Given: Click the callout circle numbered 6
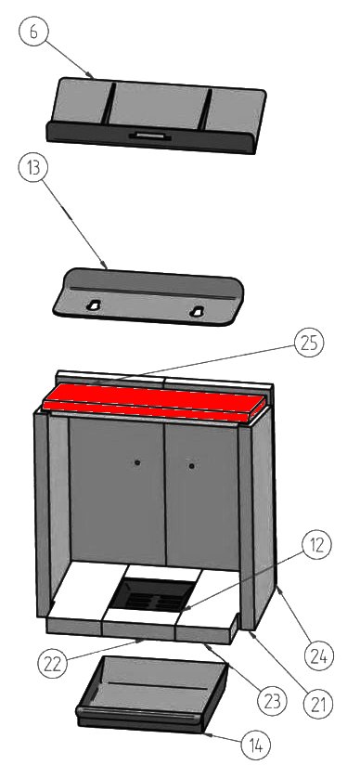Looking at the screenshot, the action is tap(32, 31).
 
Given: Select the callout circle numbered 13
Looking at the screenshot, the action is tap(32, 168).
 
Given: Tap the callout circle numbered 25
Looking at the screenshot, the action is tap(308, 344).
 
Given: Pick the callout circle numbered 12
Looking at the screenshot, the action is tap(315, 545).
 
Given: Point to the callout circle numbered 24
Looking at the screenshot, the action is tap(319, 656).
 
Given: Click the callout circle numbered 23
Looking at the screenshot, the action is tap(272, 701).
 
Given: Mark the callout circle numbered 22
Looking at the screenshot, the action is tap(52, 664).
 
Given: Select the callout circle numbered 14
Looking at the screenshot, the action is tap(256, 745).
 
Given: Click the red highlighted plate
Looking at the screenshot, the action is tap(154, 402).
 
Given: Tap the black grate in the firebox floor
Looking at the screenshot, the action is tap(153, 594).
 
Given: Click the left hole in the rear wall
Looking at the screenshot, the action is tap(137, 462).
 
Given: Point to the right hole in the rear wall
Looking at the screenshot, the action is tap(191, 466).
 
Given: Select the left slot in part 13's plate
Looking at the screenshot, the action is tap(93, 305).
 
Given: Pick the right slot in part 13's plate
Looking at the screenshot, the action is tap(197, 312).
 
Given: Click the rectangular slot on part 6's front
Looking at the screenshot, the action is tap(149, 135).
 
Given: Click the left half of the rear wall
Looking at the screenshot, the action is tap(117, 490).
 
